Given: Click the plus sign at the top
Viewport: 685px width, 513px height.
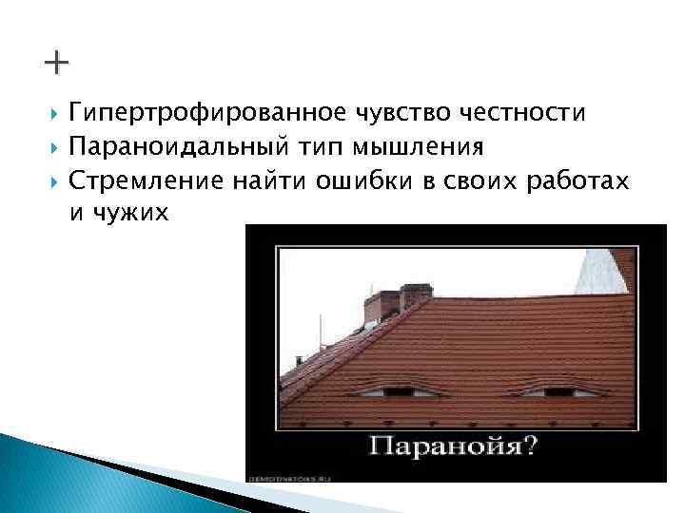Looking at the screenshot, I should [x=56, y=66].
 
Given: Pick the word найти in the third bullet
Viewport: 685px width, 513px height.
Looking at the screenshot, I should [x=276, y=180].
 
